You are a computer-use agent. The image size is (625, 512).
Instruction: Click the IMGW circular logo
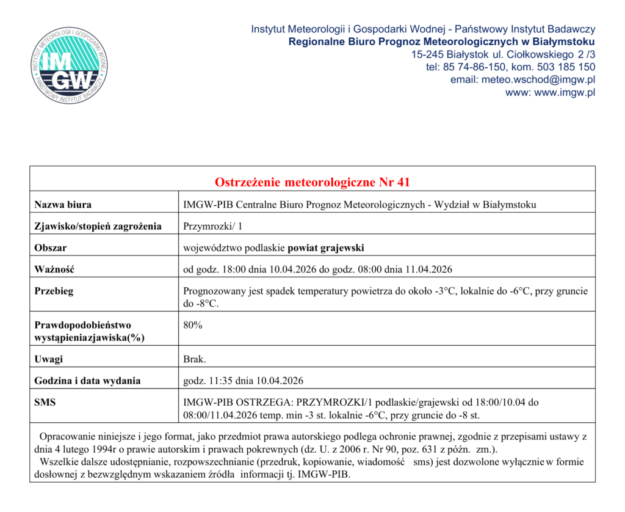[70, 65]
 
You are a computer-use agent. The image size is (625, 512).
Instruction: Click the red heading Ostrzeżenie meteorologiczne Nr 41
[312, 182]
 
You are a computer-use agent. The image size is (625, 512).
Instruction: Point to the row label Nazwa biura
[63, 205]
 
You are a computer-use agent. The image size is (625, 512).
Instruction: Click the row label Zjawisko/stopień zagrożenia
[98, 226]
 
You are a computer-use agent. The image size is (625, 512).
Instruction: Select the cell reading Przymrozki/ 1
[213, 226]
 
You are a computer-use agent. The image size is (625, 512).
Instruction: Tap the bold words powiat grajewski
[326, 247]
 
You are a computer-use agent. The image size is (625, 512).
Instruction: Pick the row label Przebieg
[54, 291]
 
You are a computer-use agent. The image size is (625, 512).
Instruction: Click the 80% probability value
[193, 325]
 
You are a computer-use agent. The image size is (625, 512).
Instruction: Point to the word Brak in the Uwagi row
[195, 359]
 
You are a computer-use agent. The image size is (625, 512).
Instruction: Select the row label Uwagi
[49, 359]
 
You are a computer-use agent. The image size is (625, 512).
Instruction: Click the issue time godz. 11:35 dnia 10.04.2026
[244, 381]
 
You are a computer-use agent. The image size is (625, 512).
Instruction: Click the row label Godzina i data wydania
[87, 381]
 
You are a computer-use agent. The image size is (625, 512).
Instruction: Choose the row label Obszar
[51, 247]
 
